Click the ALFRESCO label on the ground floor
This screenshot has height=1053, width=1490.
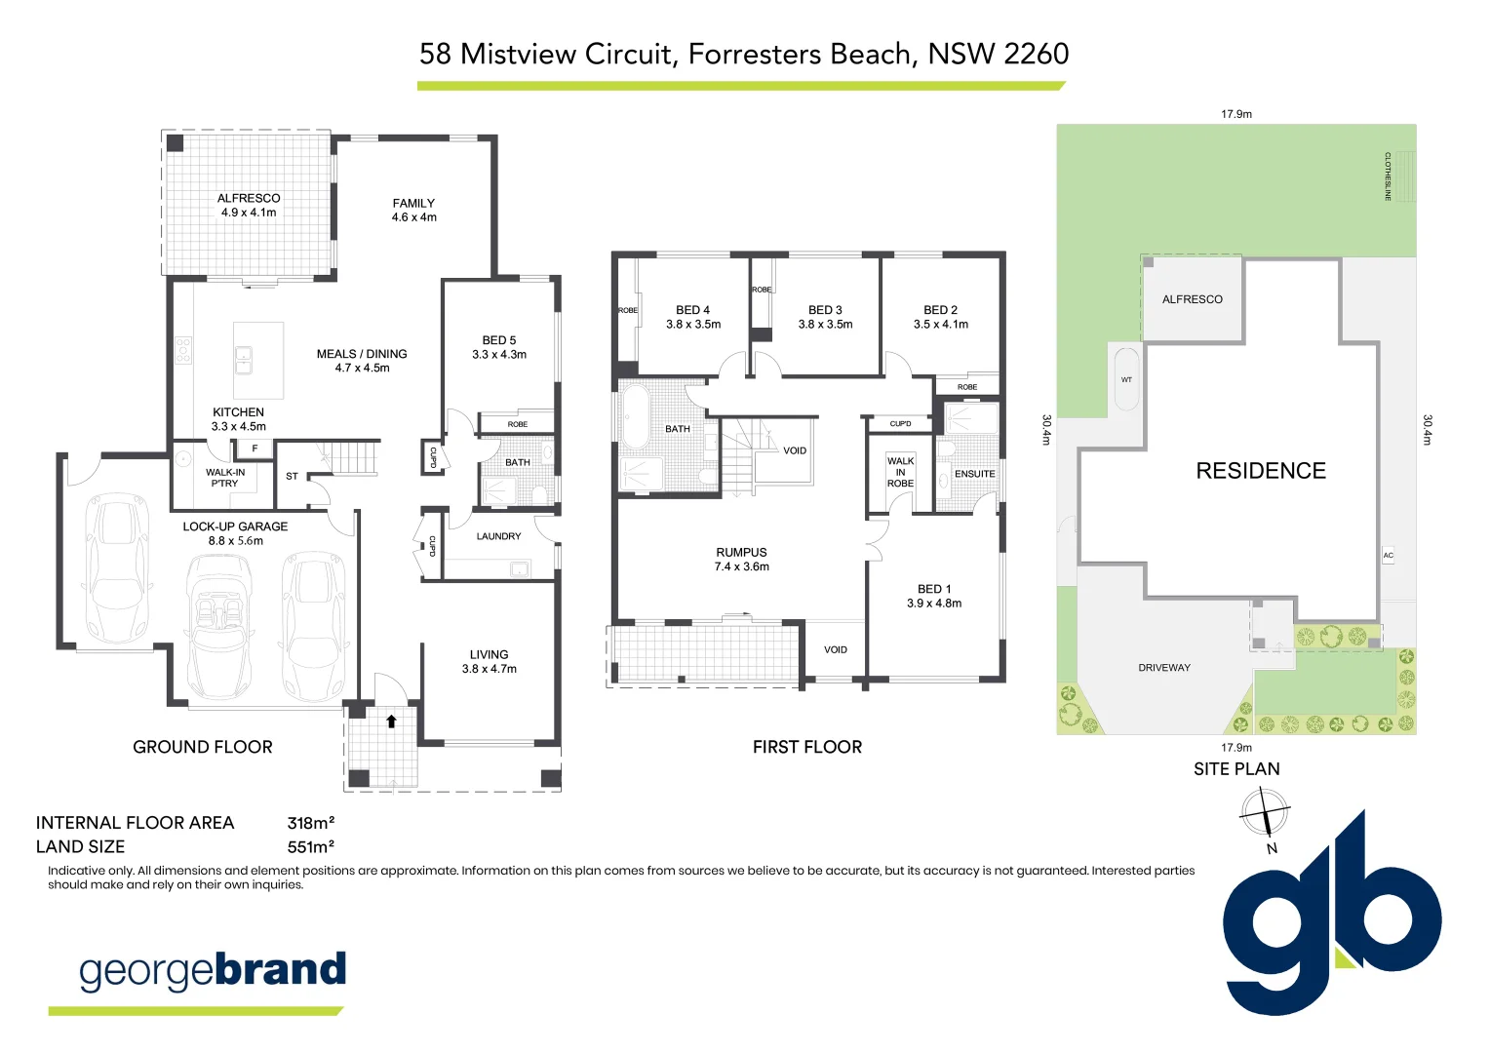(249, 198)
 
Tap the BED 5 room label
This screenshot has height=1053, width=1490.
(499, 340)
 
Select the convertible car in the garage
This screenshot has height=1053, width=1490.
(218, 626)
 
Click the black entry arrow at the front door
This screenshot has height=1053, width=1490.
(392, 721)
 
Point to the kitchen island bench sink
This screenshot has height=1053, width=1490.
(244, 360)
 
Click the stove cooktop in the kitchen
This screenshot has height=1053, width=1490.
(183, 350)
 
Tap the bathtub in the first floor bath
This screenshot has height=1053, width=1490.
(635, 416)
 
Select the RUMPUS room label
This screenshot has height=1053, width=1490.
(742, 552)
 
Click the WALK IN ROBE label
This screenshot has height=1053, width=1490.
(901, 472)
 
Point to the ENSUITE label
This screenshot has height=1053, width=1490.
(974, 474)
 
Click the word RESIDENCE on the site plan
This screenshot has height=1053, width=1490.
(1261, 471)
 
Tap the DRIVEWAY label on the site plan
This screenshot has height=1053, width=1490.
(1164, 668)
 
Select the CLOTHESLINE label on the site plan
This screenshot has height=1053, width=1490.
(1388, 176)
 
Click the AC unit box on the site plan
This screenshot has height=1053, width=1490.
(1388, 556)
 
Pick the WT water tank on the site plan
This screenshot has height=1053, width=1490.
(1126, 379)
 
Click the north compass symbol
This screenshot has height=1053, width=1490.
(1265, 812)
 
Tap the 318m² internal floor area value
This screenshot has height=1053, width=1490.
(311, 823)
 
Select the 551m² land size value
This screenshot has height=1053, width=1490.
(311, 847)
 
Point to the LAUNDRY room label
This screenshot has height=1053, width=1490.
(499, 536)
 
